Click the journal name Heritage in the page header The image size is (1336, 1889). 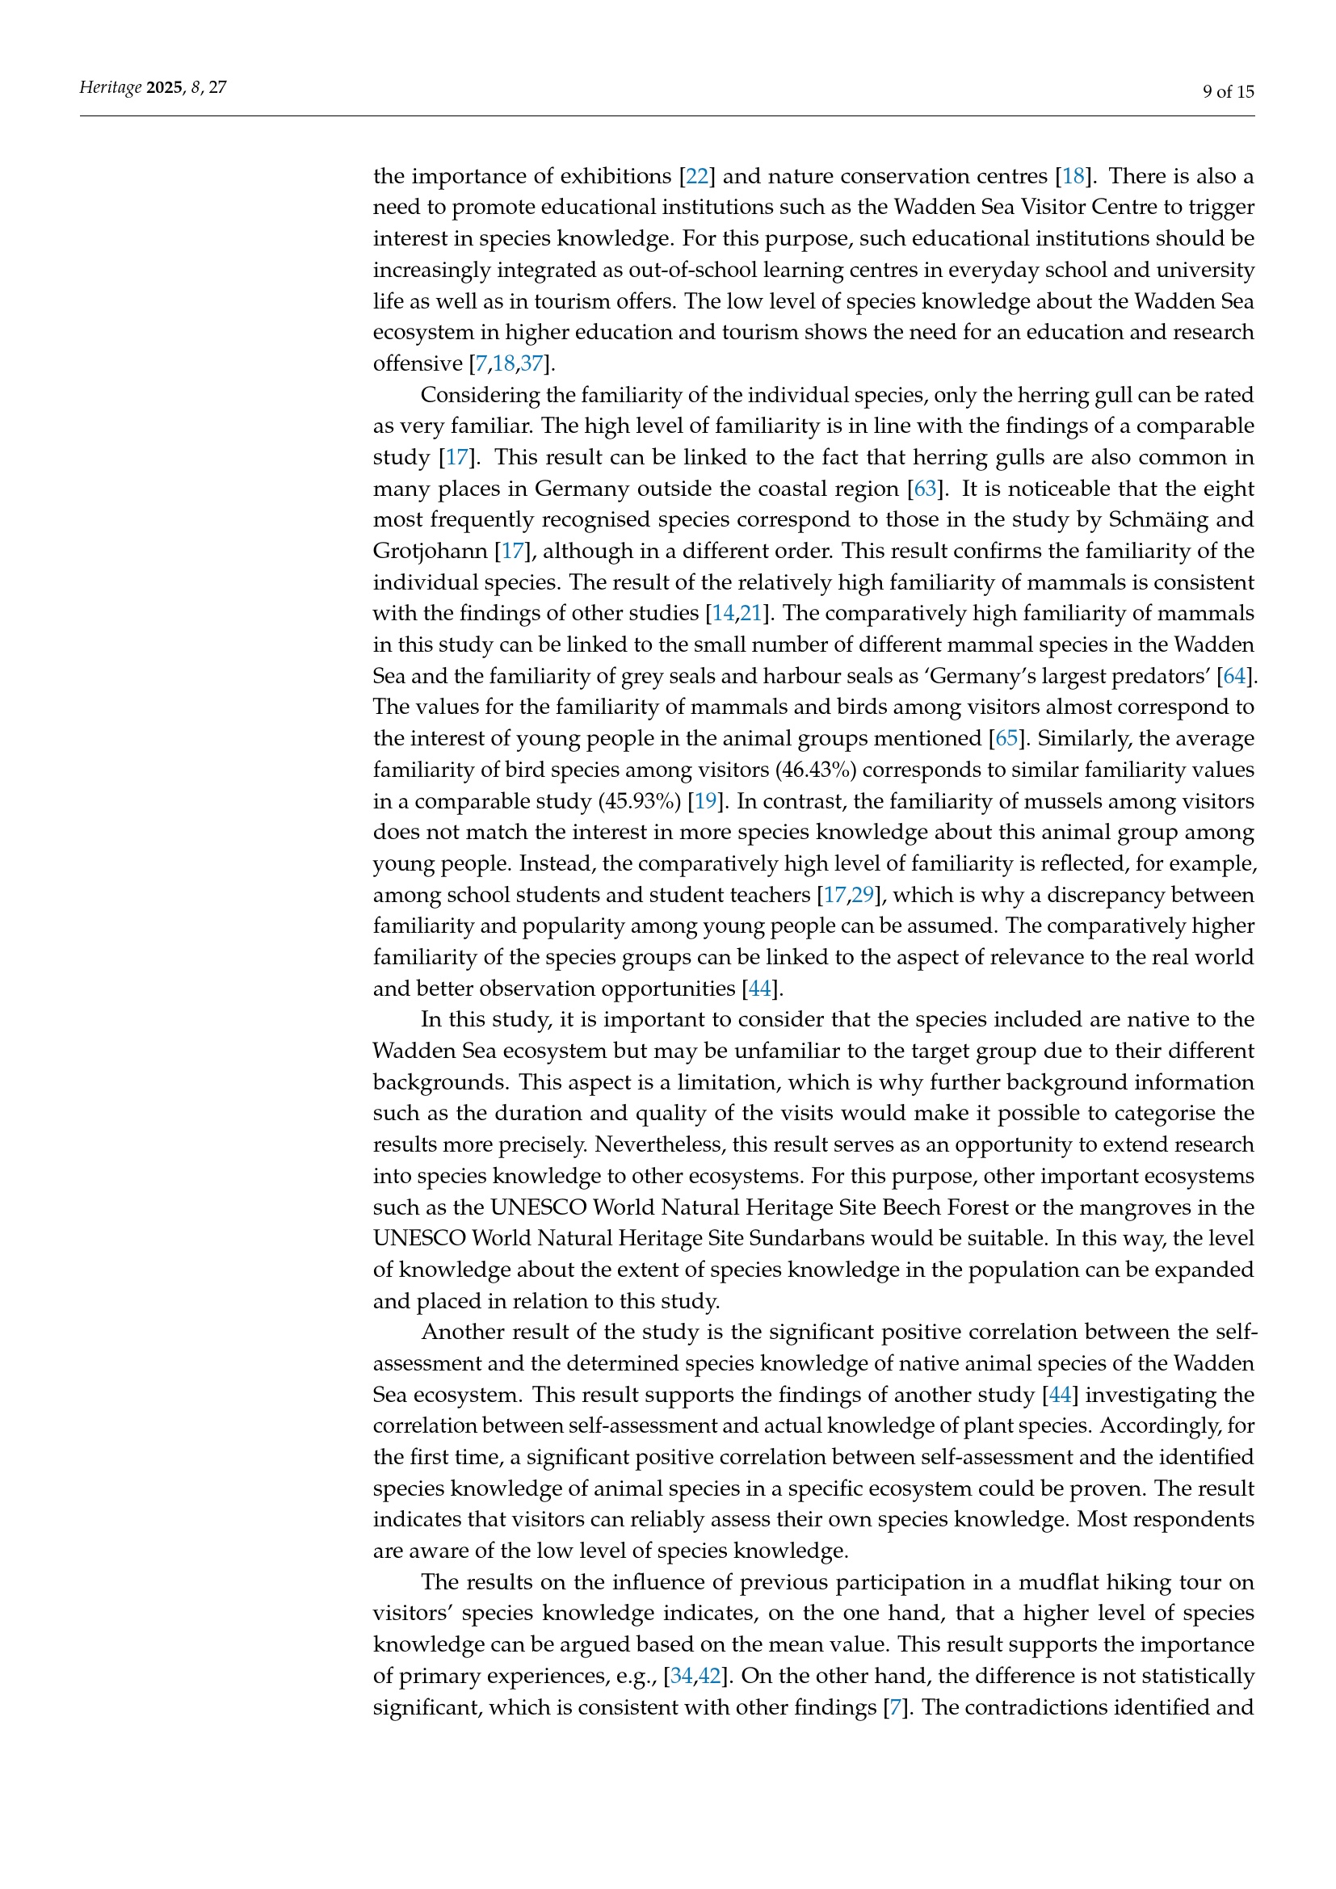click(110, 87)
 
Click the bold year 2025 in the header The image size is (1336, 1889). click(165, 87)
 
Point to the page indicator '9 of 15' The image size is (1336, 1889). click(1229, 91)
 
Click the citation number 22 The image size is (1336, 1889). click(697, 176)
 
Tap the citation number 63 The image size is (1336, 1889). click(926, 489)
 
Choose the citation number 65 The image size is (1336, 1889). click(1006, 738)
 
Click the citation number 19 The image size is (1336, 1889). click(706, 800)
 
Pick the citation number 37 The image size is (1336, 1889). click(531, 363)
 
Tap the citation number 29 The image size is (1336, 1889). click(862, 894)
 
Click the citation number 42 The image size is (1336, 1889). click(709, 1676)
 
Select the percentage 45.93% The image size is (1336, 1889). click(642, 800)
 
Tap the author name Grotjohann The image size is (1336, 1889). click(430, 552)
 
